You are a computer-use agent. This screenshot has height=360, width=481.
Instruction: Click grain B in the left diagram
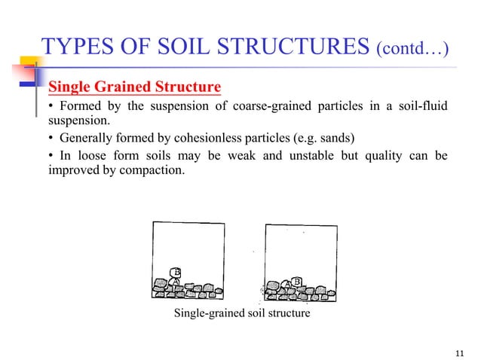tap(177, 272)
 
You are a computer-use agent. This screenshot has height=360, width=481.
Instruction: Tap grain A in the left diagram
tap(174, 280)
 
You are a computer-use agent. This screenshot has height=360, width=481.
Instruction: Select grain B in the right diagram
tap(297, 281)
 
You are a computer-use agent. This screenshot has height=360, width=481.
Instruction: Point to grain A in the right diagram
tap(287, 284)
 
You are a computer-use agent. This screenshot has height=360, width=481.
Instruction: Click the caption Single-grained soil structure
tap(241, 313)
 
